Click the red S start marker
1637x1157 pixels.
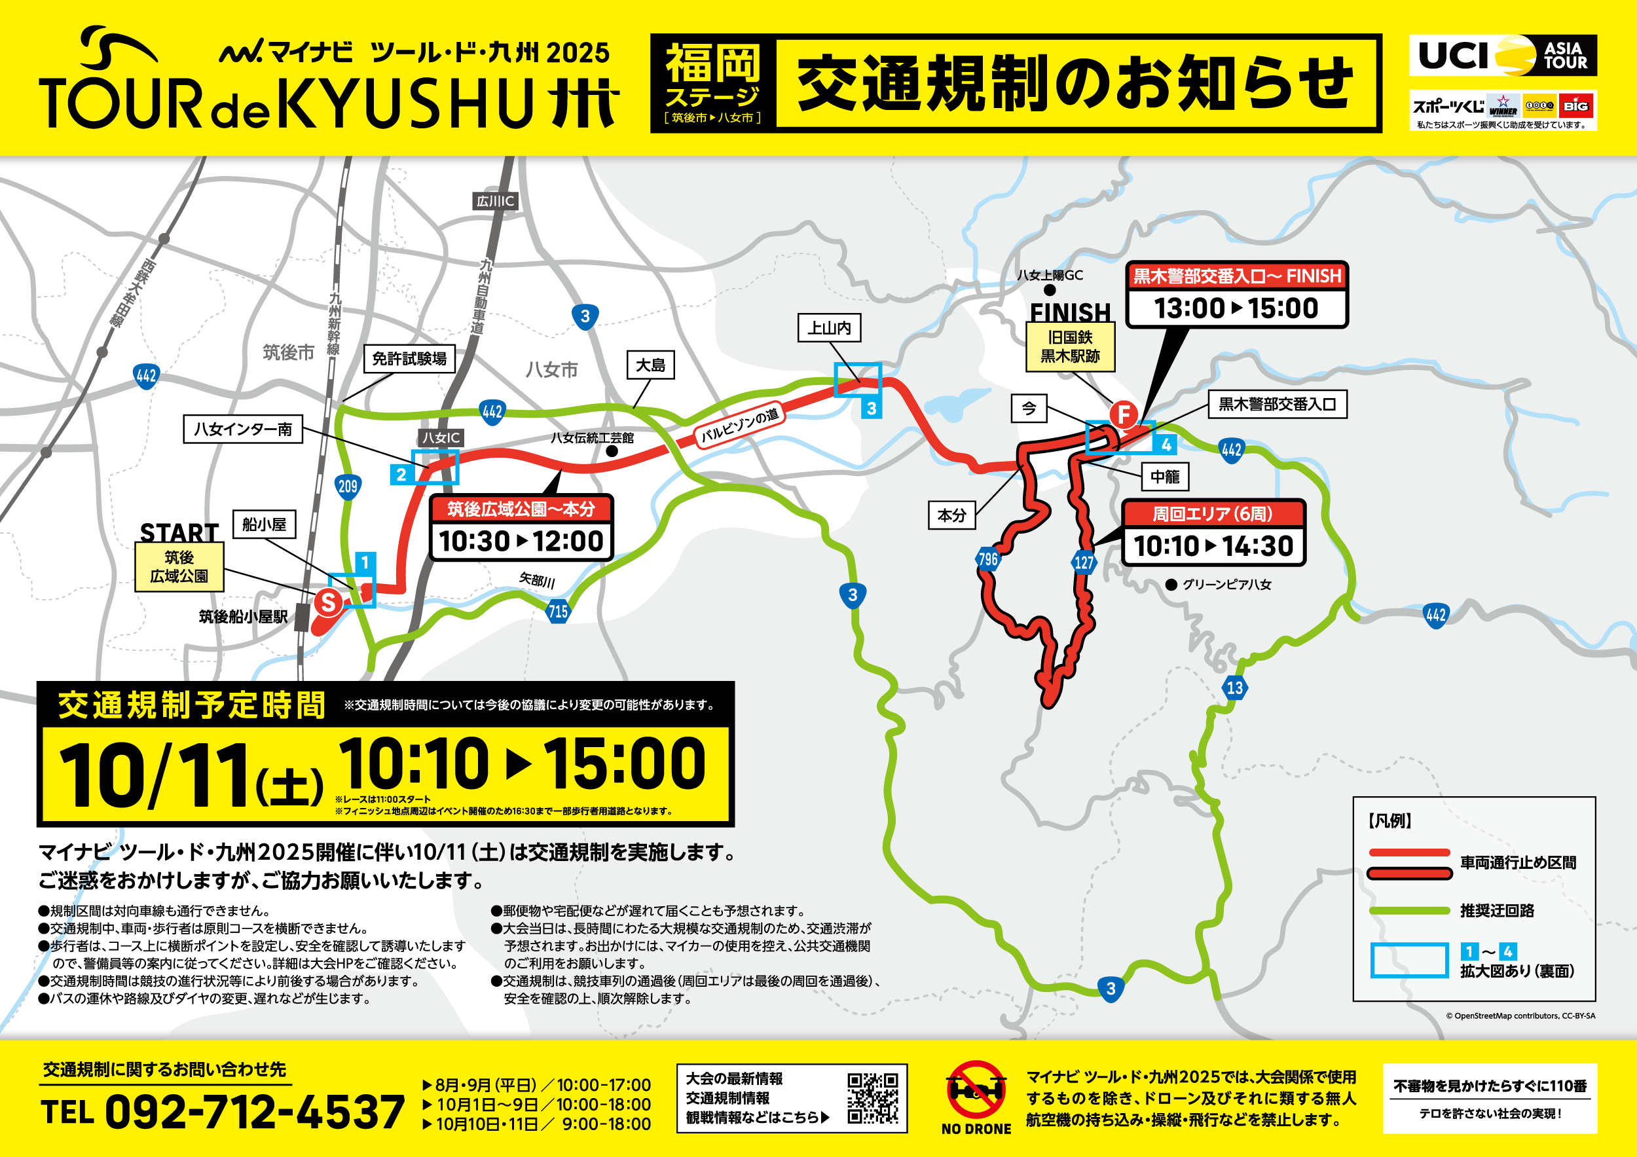(328, 602)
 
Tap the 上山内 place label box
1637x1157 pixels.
(829, 328)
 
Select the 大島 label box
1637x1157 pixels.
(650, 365)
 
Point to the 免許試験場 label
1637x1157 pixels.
(409, 359)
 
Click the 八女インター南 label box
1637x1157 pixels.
(242, 429)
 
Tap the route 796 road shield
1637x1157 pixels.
(987, 560)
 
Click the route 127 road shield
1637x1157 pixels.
(1084, 562)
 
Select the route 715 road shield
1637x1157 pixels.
(557, 611)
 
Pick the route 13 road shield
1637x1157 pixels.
(1235, 688)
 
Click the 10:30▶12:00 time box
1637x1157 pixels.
(521, 542)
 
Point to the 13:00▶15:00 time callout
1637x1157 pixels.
(1236, 308)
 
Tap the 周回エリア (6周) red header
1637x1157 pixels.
(1213, 514)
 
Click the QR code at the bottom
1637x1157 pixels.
(872, 1099)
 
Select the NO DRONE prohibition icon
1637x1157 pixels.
(976, 1090)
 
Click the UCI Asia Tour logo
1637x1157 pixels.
(1502, 56)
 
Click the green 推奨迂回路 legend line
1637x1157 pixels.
(1409, 911)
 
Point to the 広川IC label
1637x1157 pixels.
(495, 202)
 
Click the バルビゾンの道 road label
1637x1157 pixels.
(739, 426)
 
